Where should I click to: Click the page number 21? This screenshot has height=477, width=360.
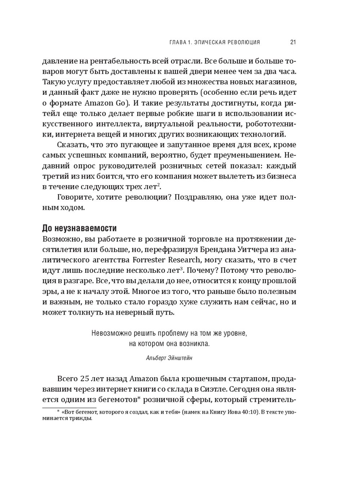click(293, 42)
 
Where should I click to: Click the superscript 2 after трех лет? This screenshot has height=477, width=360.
click(158, 185)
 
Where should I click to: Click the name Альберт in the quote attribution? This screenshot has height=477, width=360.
click(157, 358)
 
